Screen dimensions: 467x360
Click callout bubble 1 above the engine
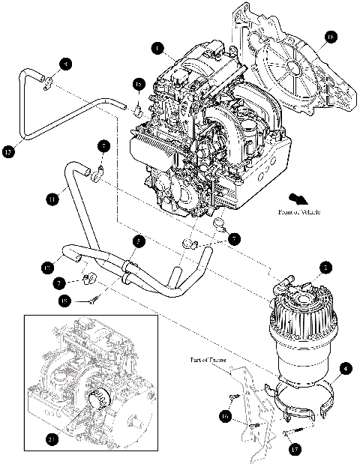click(x=156, y=48)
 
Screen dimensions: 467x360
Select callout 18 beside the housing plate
click(x=331, y=35)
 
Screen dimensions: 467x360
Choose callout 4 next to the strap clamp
click(x=344, y=369)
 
